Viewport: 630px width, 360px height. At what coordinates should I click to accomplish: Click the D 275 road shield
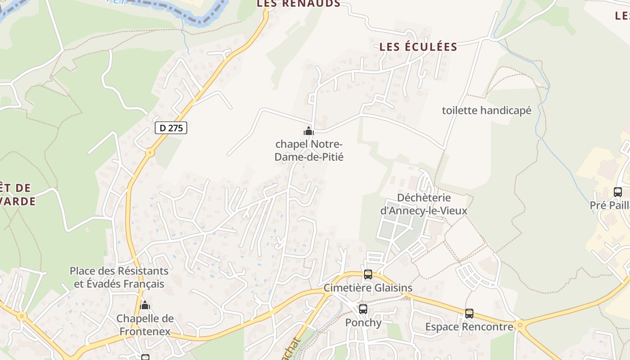[x=171, y=128]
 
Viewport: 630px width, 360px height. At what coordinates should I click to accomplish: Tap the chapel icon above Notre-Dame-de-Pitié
[x=309, y=131]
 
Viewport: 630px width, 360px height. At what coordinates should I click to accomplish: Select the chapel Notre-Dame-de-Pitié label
[x=309, y=151]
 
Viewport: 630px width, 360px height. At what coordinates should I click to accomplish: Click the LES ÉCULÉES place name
[x=418, y=47]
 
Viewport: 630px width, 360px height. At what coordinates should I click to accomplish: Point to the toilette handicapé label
[x=486, y=110]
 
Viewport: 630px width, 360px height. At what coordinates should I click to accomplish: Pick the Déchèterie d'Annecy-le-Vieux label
[x=424, y=204]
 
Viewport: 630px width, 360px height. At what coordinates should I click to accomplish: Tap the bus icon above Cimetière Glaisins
[x=368, y=274]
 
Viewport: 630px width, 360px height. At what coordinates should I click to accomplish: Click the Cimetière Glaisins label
[x=368, y=288]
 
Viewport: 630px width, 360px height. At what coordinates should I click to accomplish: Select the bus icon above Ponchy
[x=363, y=309]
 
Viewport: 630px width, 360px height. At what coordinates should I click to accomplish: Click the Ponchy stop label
[x=363, y=323]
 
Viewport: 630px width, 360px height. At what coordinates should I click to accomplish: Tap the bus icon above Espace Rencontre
[x=469, y=314]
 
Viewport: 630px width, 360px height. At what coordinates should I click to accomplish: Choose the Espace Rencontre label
[x=469, y=327]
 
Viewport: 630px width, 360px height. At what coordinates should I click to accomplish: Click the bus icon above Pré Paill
[x=618, y=192]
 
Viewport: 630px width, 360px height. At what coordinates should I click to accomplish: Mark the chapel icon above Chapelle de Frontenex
[x=145, y=306]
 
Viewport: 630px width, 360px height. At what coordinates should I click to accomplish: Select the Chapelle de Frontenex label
[x=145, y=325]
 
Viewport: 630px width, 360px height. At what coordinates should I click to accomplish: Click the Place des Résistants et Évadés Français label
[x=119, y=278]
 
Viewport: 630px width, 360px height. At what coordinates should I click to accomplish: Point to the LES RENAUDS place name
[x=298, y=4]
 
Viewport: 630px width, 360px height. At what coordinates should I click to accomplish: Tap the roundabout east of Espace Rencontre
[x=520, y=324]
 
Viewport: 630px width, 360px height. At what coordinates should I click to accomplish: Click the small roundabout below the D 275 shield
[x=150, y=153]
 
